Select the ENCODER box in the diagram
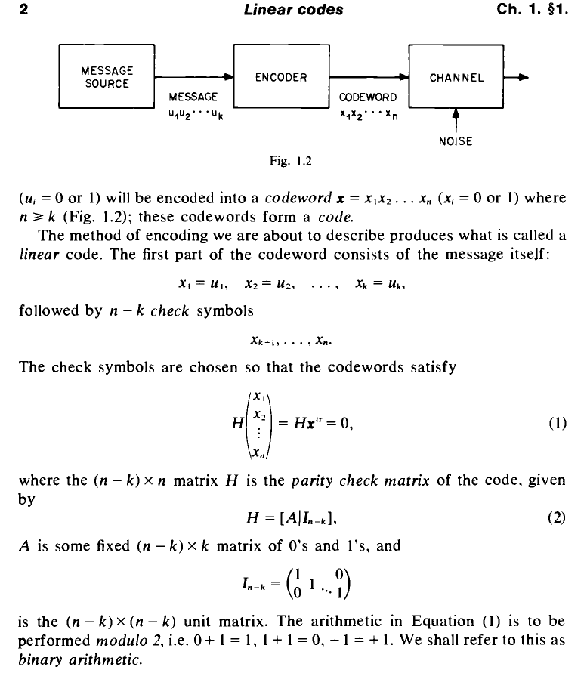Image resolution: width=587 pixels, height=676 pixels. (x=280, y=77)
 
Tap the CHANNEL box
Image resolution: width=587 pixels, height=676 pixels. (x=456, y=77)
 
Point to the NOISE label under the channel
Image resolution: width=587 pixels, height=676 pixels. (x=455, y=140)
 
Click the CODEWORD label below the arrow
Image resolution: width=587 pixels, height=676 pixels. (x=363, y=97)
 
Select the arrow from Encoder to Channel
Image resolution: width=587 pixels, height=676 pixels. (x=367, y=77)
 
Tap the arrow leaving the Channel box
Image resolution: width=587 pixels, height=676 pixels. (x=517, y=77)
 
